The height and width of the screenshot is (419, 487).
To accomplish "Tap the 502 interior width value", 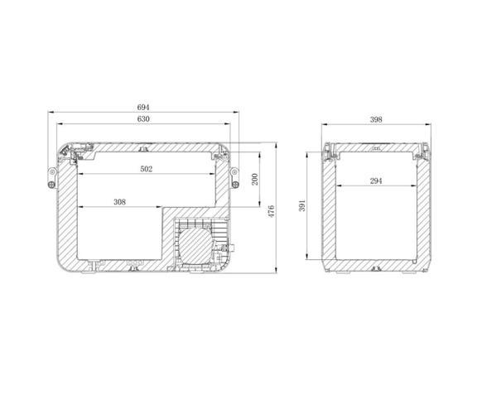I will point(147,169).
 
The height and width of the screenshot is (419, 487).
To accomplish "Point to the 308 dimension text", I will point(120,202).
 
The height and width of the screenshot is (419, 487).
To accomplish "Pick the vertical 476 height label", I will point(271,212).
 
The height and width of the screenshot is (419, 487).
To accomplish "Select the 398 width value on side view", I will point(376,119).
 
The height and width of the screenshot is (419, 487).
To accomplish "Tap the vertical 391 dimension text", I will point(305,204).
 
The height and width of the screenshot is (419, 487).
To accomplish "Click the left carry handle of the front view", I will point(51,176).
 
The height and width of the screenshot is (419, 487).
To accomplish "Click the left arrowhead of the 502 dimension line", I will point(79,176).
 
